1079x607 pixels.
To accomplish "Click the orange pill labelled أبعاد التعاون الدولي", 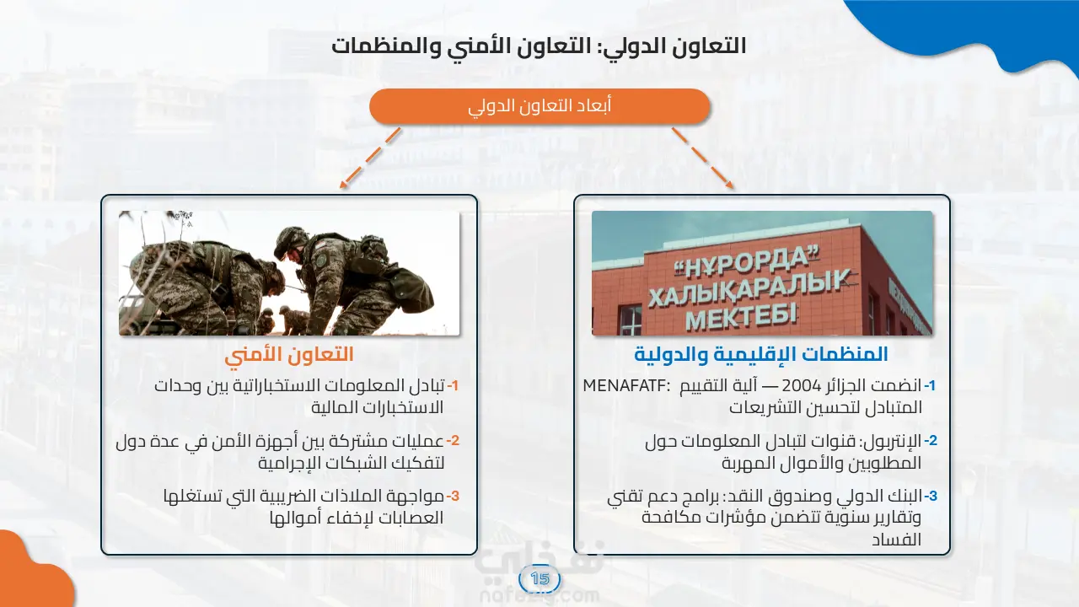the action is [539, 106].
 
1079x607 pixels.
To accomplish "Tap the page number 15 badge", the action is [539, 578].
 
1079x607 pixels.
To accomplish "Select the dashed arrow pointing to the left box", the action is [370, 158].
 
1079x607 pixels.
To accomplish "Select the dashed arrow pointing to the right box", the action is [703, 158].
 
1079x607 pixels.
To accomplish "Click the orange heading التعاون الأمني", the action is [289, 355].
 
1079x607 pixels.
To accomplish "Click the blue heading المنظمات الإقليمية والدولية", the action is [761, 355].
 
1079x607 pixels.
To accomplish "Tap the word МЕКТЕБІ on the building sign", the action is [742, 316].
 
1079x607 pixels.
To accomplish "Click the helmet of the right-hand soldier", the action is [291, 242].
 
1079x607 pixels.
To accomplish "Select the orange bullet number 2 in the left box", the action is [453, 441].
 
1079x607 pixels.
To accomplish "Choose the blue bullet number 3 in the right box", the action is [931, 496].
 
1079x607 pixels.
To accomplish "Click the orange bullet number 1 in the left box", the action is [453, 386].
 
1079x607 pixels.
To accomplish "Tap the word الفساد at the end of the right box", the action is [896, 540].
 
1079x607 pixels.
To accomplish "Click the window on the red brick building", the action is [630, 319].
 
